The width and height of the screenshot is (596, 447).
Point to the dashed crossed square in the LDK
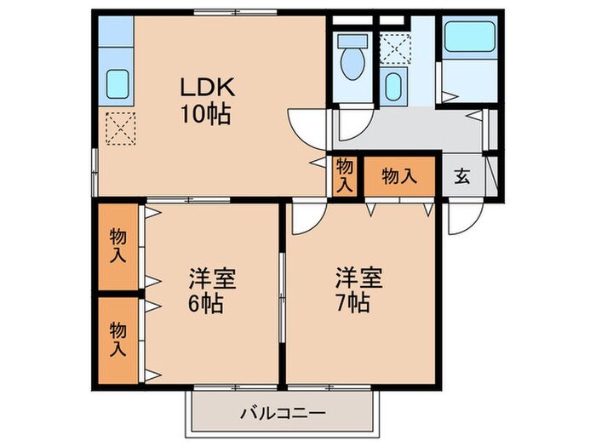[x=117, y=129]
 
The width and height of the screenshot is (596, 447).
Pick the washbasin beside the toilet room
[x=393, y=85]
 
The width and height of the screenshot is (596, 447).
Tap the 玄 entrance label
[x=461, y=176]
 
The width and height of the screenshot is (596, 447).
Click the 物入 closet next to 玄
[x=399, y=176]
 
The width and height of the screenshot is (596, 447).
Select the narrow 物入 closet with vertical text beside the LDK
[x=344, y=176]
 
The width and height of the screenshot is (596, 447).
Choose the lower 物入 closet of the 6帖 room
[x=117, y=337]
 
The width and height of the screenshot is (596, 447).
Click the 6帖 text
[x=206, y=303]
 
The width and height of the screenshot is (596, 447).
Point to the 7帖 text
[x=352, y=302]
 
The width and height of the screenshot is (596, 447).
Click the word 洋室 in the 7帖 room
[x=352, y=278]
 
